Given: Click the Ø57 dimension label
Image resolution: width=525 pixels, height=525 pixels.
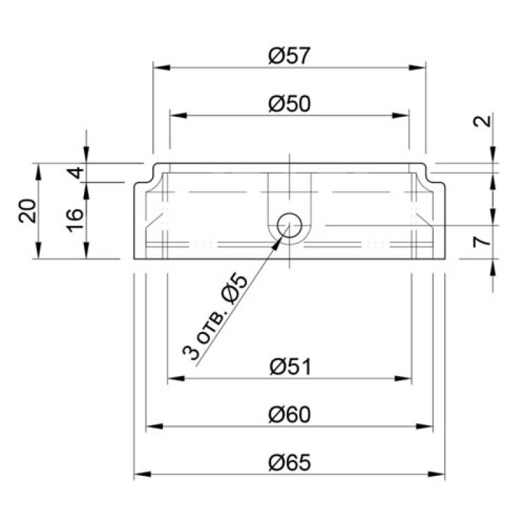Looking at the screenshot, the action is tap(289, 56).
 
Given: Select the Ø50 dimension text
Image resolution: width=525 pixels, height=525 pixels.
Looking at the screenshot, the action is tap(289, 104).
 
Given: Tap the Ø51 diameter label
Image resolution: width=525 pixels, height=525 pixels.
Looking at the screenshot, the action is tap(290, 367).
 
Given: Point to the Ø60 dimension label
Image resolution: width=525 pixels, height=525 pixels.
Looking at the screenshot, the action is tap(289, 415).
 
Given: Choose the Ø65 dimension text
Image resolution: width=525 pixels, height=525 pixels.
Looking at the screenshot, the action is tap(289, 463).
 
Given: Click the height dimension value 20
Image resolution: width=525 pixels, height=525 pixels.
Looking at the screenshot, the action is tap(28, 211).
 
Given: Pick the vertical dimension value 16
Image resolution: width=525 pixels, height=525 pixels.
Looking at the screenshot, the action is tap(75, 220).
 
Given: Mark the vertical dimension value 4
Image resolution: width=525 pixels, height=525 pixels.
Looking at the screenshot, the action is tap(77, 173).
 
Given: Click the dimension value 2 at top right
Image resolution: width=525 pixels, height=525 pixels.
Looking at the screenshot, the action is tap(482, 121).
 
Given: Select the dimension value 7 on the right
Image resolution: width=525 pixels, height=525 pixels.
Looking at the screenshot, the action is tap(482, 241).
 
